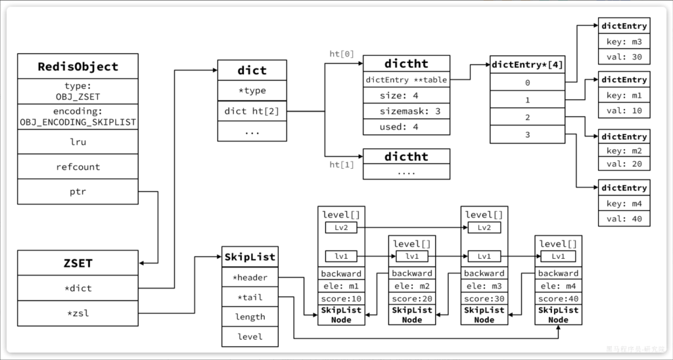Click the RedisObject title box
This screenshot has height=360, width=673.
(x=78, y=66)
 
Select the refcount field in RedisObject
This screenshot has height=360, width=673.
(x=78, y=167)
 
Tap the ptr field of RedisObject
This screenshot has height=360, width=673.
(x=78, y=192)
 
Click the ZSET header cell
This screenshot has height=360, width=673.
(x=78, y=263)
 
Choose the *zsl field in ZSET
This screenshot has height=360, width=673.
(x=78, y=313)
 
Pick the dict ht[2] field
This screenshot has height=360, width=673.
(x=252, y=111)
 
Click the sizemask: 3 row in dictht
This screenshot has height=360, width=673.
(x=407, y=111)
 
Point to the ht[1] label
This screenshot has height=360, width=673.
(x=342, y=165)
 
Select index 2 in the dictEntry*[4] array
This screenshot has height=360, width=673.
(x=527, y=117)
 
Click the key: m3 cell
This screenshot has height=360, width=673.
(x=624, y=42)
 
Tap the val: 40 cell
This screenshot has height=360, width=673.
(x=624, y=219)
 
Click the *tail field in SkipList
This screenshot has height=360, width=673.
(x=250, y=297)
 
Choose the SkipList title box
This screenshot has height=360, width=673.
(x=250, y=256)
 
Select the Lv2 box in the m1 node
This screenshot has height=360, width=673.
(x=340, y=227)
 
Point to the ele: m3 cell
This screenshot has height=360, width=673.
(x=484, y=285)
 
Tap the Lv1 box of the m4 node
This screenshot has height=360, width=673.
(x=558, y=256)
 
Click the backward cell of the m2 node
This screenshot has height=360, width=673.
(x=412, y=273)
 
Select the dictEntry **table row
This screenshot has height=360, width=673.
(x=407, y=79)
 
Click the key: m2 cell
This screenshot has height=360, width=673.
(x=624, y=151)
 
